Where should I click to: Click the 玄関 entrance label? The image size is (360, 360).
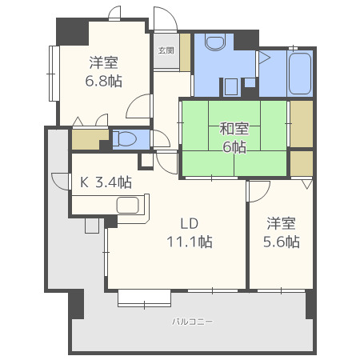pos(166,50)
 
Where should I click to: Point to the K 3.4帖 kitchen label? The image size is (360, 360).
pos(105,182)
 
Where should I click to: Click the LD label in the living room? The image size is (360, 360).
pos(188,222)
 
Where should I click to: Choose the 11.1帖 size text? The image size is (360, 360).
pos(189,241)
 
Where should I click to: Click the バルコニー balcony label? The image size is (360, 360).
pos(192,322)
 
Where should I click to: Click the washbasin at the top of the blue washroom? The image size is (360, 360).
pos(215,42)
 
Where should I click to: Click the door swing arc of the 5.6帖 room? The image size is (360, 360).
pos(258,192)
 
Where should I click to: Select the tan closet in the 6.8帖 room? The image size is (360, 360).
pos(85,139)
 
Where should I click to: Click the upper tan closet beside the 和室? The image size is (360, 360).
pos(301,124)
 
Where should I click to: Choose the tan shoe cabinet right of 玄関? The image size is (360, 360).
pos(186,53)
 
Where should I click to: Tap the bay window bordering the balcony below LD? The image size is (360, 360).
pos(145,298)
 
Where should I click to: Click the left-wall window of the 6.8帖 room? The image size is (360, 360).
pos(54,74)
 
